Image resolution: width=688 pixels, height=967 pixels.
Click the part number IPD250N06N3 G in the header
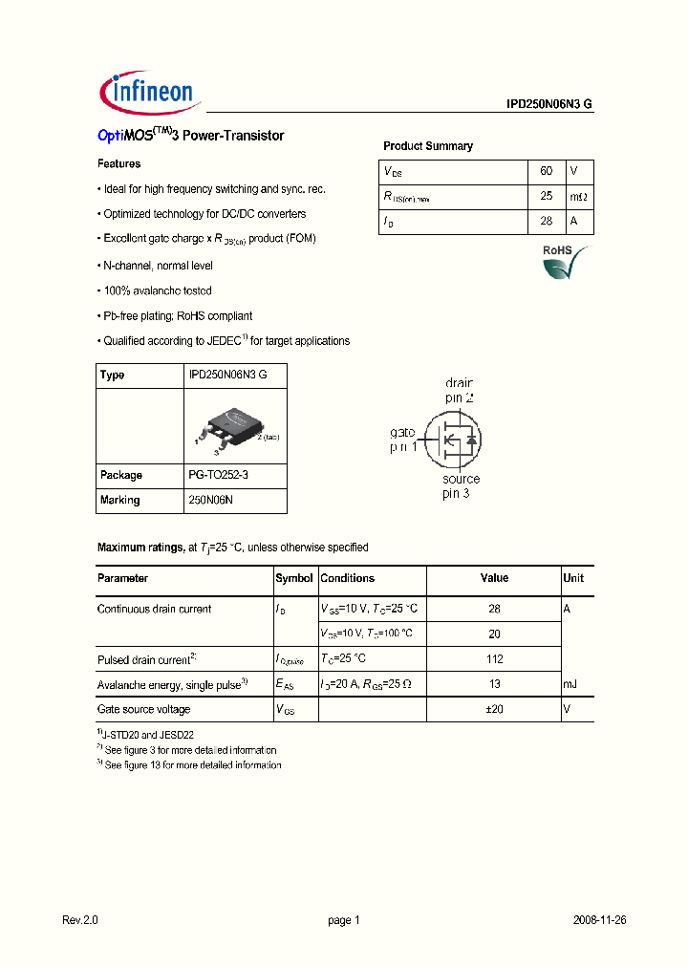click(549, 105)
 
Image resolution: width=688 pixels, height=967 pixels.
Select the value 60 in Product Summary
click(547, 171)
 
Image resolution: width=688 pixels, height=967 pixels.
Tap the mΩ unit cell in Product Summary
click(579, 196)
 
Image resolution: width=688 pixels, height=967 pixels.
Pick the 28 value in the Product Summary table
click(547, 221)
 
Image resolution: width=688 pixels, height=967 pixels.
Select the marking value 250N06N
click(211, 500)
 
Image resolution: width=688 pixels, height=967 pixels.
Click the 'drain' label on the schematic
click(461, 382)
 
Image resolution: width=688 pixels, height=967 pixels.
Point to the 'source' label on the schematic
click(461, 479)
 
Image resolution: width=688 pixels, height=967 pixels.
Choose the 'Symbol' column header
click(294, 578)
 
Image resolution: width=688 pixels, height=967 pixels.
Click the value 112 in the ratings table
click(494, 659)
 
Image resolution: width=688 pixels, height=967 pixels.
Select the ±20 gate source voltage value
click(494, 709)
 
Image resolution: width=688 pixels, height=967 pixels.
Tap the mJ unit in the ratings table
click(570, 684)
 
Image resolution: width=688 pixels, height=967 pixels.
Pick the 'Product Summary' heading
click(428, 146)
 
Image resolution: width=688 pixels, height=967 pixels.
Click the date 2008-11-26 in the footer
click(599, 920)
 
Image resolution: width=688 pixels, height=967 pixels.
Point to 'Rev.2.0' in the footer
click(80, 920)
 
